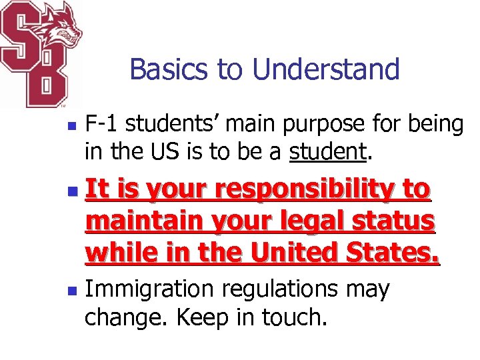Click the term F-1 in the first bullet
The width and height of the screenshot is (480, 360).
click(x=102, y=124)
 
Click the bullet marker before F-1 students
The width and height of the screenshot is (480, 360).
click(x=75, y=125)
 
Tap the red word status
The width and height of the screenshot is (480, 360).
click(x=399, y=221)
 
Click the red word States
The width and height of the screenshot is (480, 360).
click(x=399, y=253)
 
